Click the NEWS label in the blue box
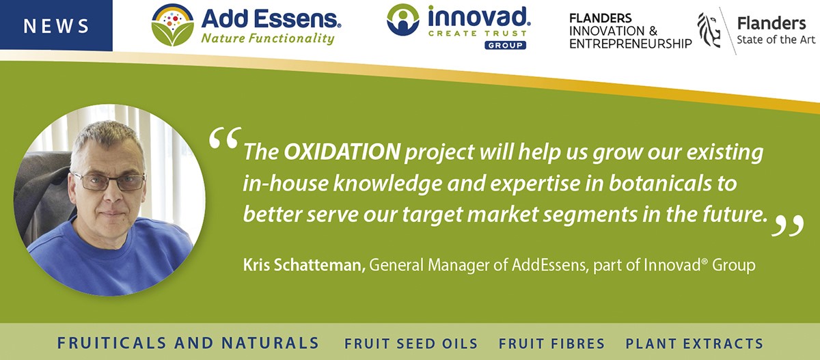coord(56,26)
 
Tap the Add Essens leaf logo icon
coord(172,25)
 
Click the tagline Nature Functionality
coord(268,38)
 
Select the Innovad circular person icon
coord(402,20)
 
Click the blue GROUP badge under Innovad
coord(505,45)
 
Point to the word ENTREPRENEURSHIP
coord(630,44)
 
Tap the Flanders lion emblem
coord(709,30)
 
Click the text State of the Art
coord(776,40)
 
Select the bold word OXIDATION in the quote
coord(342,152)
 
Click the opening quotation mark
coord(225,137)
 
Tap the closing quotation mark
coord(788,225)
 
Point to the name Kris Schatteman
coord(304,265)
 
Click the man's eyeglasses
coord(109,181)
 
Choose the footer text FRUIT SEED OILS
coord(411,344)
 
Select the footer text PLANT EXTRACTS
coord(694,344)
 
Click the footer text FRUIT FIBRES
coord(551,344)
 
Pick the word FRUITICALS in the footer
coord(111,343)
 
